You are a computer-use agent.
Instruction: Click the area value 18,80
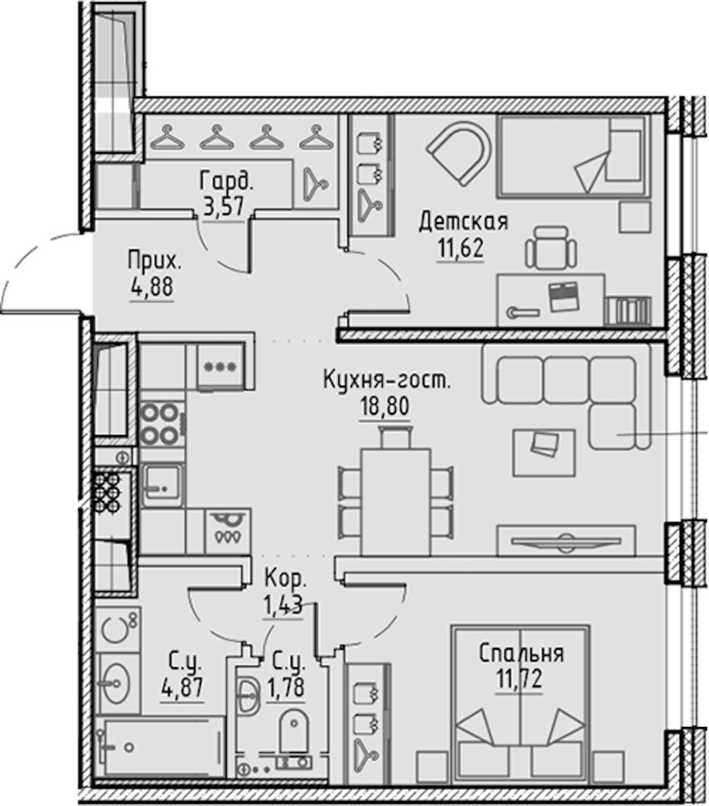click(385, 406)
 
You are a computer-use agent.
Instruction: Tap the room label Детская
click(463, 221)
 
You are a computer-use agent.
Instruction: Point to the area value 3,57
click(223, 206)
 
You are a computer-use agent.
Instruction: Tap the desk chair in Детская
click(551, 248)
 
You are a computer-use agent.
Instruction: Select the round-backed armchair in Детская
click(460, 153)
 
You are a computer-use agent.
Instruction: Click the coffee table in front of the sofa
click(544, 453)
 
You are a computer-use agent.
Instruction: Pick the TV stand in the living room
click(567, 540)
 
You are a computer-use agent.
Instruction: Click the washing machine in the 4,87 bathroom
click(118, 629)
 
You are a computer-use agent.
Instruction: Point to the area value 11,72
click(519, 679)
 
